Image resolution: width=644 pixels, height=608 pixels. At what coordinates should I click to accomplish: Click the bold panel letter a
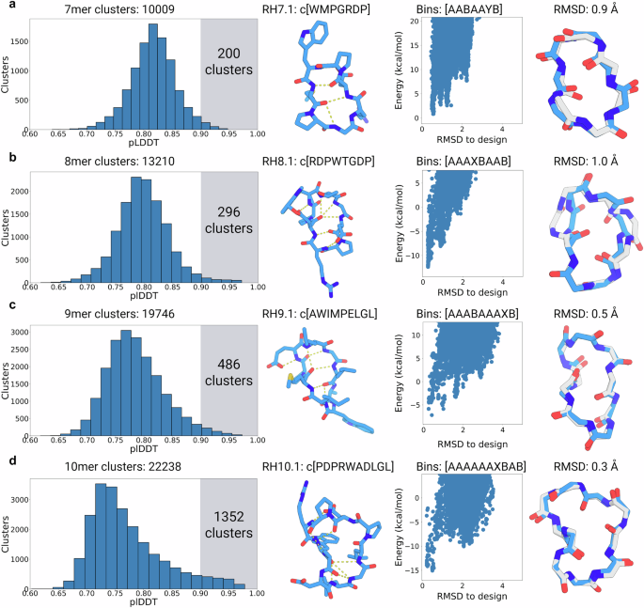pyautogui.click(x=7, y=8)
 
